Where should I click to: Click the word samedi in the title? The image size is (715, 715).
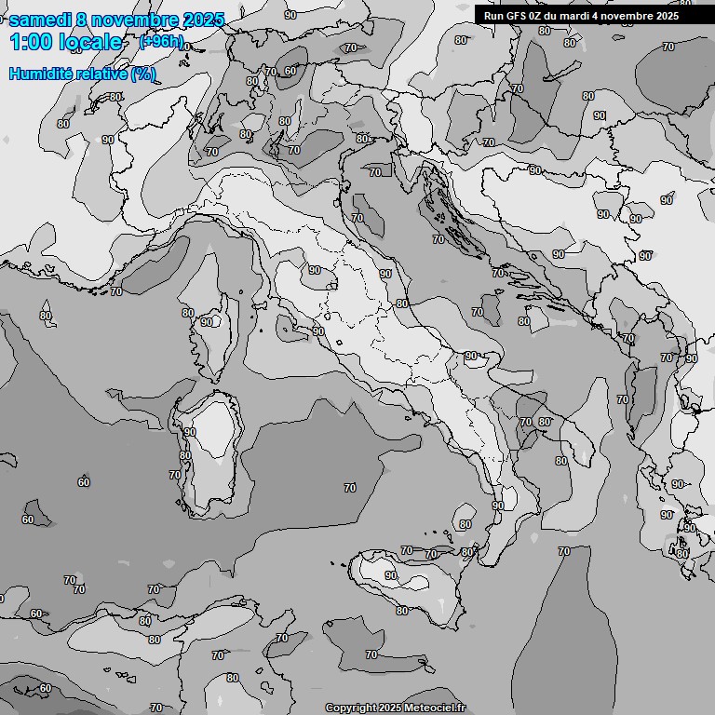[x=43, y=20]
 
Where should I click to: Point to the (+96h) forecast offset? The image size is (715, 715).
[x=160, y=42]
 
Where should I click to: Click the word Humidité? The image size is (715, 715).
[x=38, y=74]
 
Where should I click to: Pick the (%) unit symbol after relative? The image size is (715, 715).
[x=143, y=74]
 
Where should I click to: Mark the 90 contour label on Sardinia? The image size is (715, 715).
[x=190, y=432]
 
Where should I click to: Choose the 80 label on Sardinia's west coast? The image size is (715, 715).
[x=185, y=455]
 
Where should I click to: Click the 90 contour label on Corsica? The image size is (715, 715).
[x=207, y=322]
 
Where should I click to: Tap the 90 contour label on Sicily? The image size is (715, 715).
[x=391, y=576]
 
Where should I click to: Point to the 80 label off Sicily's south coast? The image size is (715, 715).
[x=402, y=611]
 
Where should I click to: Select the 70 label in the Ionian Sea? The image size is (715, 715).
[x=564, y=551]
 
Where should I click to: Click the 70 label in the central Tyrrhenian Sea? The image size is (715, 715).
[x=350, y=488]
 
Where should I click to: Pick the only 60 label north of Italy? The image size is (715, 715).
[x=290, y=71]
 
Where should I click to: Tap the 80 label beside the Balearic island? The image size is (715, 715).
[x=46, y=316]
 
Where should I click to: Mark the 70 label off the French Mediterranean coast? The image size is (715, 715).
[x=116, y=291]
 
